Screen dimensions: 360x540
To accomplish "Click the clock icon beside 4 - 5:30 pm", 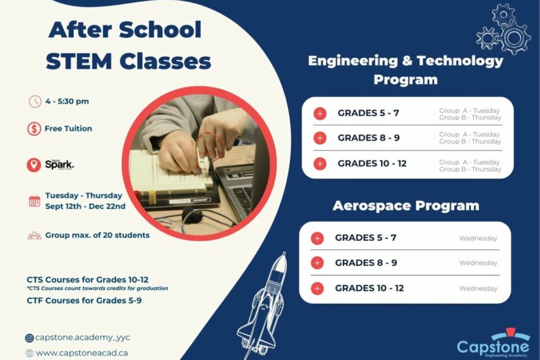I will [35, 101].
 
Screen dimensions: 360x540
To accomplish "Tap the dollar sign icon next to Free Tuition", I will [34, 129].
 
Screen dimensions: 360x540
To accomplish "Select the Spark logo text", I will [59, 164].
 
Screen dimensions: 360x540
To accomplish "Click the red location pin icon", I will [34, 165].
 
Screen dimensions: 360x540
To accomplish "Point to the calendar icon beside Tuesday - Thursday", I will [34, 201].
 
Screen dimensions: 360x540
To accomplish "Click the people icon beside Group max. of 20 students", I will [34, 236].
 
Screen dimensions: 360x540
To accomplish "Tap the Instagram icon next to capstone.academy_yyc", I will [29, 338].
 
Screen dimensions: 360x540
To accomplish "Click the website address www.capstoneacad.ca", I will [81, 353].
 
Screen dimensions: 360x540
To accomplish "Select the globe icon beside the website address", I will [29, 353].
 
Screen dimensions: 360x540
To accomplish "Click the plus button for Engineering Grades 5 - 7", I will [320, 114].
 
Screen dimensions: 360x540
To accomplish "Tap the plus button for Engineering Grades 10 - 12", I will [320, 164].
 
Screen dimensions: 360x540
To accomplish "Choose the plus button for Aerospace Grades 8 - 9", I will [318, 263].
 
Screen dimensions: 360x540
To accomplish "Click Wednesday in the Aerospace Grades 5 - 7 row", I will [478, 238].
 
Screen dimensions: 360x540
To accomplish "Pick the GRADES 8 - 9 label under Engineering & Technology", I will [368, 138].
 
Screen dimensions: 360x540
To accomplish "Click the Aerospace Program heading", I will [405, 206].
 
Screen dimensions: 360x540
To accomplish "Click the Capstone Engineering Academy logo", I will [494, 344].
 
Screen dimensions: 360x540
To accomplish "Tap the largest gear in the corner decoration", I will [515, 37].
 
